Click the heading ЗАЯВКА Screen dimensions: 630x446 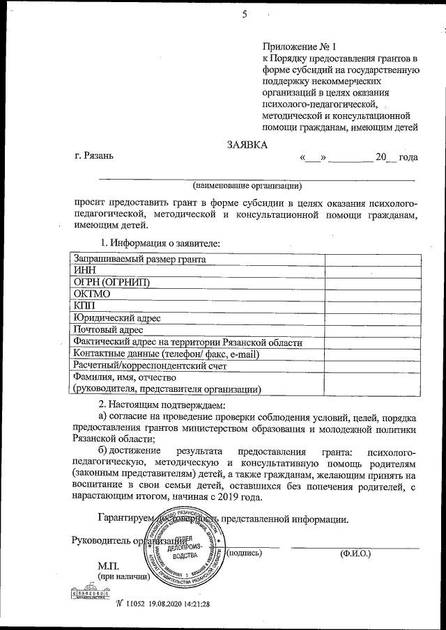(x=247, y=145)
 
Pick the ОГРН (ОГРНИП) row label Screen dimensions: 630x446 (x=111, y=282)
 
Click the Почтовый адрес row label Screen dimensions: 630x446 (x=108, y=329)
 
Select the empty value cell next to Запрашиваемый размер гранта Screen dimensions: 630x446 (x=370, y=259)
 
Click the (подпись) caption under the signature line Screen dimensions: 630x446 (x=245, y=553)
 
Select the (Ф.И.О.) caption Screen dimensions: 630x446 (x=355, y=553)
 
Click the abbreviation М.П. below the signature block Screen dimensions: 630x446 (x=109, y=567)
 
